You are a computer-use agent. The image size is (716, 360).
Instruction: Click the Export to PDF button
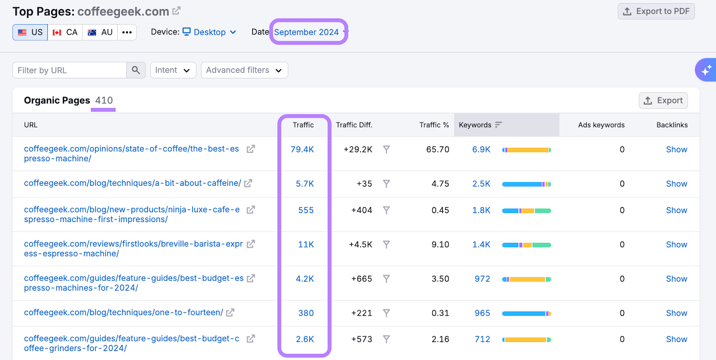coord(656,11)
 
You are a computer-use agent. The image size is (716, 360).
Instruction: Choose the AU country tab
coord(100,32)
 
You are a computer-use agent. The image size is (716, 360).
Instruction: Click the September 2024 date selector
coord(308,32)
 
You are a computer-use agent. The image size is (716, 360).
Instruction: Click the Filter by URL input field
coord(69,70)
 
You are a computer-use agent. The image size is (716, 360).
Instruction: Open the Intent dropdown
coord(173,70)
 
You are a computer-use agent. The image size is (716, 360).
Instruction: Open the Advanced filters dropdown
coord(244,70)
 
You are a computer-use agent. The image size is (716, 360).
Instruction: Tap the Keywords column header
coord(475,125)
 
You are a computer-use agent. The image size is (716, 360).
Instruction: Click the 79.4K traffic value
coord(302,150)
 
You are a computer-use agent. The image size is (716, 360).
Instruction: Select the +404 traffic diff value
coord(362,210)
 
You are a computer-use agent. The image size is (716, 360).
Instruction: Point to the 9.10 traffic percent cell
coord(440,244)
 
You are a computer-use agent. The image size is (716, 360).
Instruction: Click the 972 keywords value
coord(482,279)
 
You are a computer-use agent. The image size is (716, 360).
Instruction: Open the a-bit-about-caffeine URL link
coord(132,183)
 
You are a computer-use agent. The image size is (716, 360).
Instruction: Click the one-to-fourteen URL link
coord(124,313)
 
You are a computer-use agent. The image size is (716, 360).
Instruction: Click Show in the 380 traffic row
coord(676,313)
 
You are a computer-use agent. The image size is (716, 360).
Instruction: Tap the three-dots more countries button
coord(127,32)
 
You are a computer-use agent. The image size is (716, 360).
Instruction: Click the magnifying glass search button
coord(136,70)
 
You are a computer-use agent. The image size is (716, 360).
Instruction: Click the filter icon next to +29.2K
coord(386,150)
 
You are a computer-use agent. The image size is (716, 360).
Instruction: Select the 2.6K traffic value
coord(305,339)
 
